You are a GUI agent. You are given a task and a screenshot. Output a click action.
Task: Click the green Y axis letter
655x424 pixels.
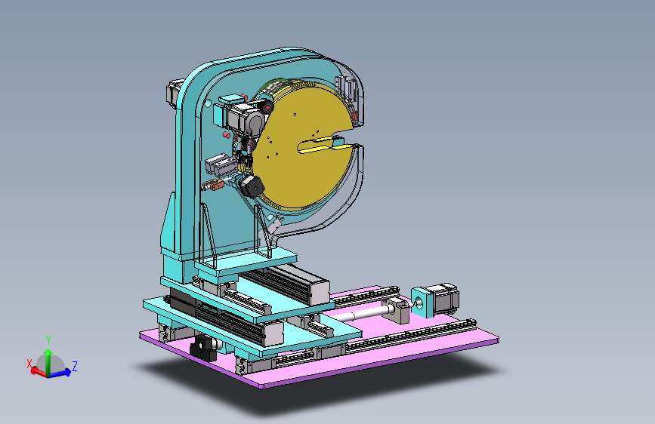click(x=48, y=340)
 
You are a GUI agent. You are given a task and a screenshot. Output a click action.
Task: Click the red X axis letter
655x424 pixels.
click(x=29, y=364)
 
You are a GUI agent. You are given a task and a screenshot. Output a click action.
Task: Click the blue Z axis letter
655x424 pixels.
click(x=75, y=367)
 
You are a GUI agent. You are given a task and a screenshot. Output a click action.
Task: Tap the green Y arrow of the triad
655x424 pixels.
click(x=48, y=361)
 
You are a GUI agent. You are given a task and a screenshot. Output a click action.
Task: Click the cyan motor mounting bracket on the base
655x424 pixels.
click(x=420, y=303)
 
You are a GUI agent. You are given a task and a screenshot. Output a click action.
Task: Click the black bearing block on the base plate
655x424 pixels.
click(x=203, y=347)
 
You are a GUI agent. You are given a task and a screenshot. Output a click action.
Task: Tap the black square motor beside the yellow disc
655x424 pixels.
click(x=252, y=186)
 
